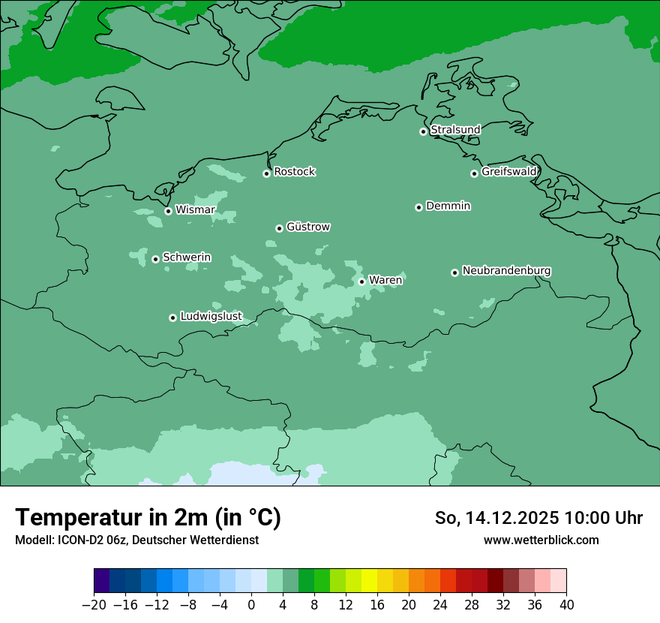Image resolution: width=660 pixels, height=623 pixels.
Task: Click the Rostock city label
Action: (x=294, y=172)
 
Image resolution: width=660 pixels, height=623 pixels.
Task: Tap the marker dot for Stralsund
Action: (x=423, y=131)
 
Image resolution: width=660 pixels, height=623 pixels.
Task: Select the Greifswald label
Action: (x=508, y=172)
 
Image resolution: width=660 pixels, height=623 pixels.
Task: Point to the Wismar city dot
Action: (x=168, y=211)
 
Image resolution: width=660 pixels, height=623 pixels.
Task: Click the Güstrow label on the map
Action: (x=307, y=227)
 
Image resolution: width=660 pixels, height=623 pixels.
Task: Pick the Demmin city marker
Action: (x=418, y=207)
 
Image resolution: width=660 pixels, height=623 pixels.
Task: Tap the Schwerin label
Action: (x=187, y=257)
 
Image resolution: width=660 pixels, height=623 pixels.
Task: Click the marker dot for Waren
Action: (x=361, y=281)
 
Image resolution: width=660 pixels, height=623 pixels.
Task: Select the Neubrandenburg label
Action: (x=506, y=270)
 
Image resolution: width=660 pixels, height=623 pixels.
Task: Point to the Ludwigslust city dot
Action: (x=172, y=318)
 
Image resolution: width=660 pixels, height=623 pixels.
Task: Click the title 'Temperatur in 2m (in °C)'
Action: (x=148, y=518)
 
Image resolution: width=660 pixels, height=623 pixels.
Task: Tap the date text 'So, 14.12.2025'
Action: (x=496, y=519)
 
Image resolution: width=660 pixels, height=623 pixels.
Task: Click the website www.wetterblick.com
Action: (x=541, y=540)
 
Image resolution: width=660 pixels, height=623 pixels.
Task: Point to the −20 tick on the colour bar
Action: (x=94, y=604)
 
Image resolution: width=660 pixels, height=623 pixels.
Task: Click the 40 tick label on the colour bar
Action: (x=566, y=604)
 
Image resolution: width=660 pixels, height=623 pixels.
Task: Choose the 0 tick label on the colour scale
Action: (x=251, y=604)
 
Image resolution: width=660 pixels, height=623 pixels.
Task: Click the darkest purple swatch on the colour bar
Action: (x=102, y=581)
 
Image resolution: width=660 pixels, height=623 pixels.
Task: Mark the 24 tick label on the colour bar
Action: (x=440, y=604)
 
